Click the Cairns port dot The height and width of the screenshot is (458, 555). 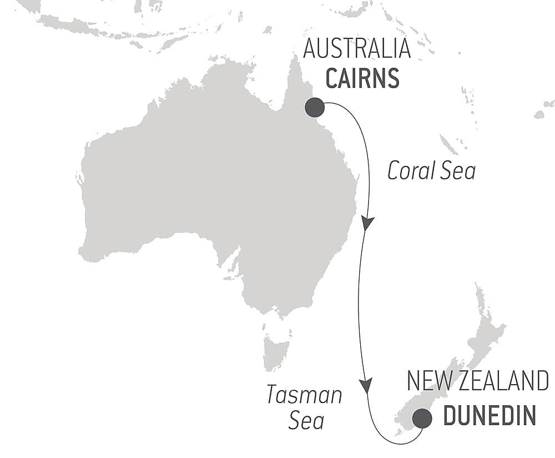point(315,107)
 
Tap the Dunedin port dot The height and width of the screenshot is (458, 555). point(422,418)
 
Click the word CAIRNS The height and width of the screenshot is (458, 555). point(362,79)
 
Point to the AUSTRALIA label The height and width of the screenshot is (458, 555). point(357,49)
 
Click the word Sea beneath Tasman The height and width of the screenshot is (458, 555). point(306,420)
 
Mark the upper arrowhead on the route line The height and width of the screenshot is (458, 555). point(367,223)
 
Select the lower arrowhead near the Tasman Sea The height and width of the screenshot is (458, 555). point(365,385)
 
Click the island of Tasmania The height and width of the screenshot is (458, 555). point(277,349)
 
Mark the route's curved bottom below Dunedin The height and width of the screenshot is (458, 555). point(397,443)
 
